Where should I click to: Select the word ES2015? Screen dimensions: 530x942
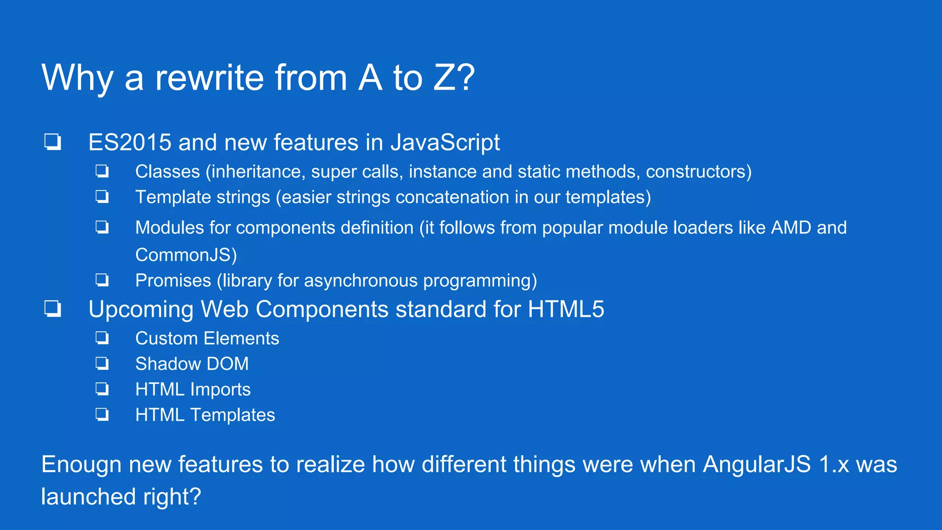[x=130, y=142]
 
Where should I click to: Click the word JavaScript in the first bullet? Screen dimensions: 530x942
[x=445, y=142]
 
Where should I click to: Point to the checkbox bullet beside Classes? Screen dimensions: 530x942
[x=102, y=171]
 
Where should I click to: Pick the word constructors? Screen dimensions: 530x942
[x=698, y=172]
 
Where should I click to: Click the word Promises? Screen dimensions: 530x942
[x=173, y=281]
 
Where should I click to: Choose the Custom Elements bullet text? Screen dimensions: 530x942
[x=207, y=339]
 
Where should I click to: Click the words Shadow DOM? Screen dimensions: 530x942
[x=192, y=364]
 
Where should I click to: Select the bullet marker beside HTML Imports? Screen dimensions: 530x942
[x=102, y=389]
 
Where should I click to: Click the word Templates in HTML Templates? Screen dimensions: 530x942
[x=232, y=415]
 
